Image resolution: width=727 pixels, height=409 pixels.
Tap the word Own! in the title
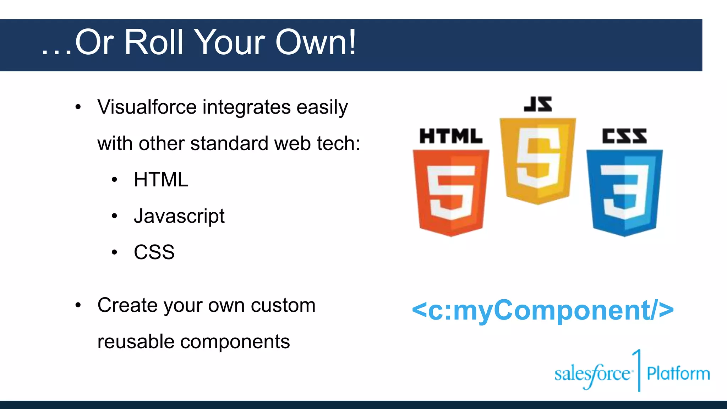315,43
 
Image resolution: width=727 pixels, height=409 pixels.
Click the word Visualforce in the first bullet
147,107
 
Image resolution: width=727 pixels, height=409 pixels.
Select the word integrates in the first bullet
246,108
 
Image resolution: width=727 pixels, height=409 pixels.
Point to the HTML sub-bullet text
161,180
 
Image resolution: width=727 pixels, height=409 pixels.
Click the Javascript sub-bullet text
179,216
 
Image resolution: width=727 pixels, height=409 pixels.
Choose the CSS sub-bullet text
154,252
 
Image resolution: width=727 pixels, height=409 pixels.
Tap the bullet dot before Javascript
114,216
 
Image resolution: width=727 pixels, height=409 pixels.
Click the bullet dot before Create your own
78,305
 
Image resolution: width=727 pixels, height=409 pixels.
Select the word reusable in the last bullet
136,342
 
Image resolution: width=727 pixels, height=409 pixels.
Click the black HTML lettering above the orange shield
451,136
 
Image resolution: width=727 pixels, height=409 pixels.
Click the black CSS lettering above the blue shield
624,136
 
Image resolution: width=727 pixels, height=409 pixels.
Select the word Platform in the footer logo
678,373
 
